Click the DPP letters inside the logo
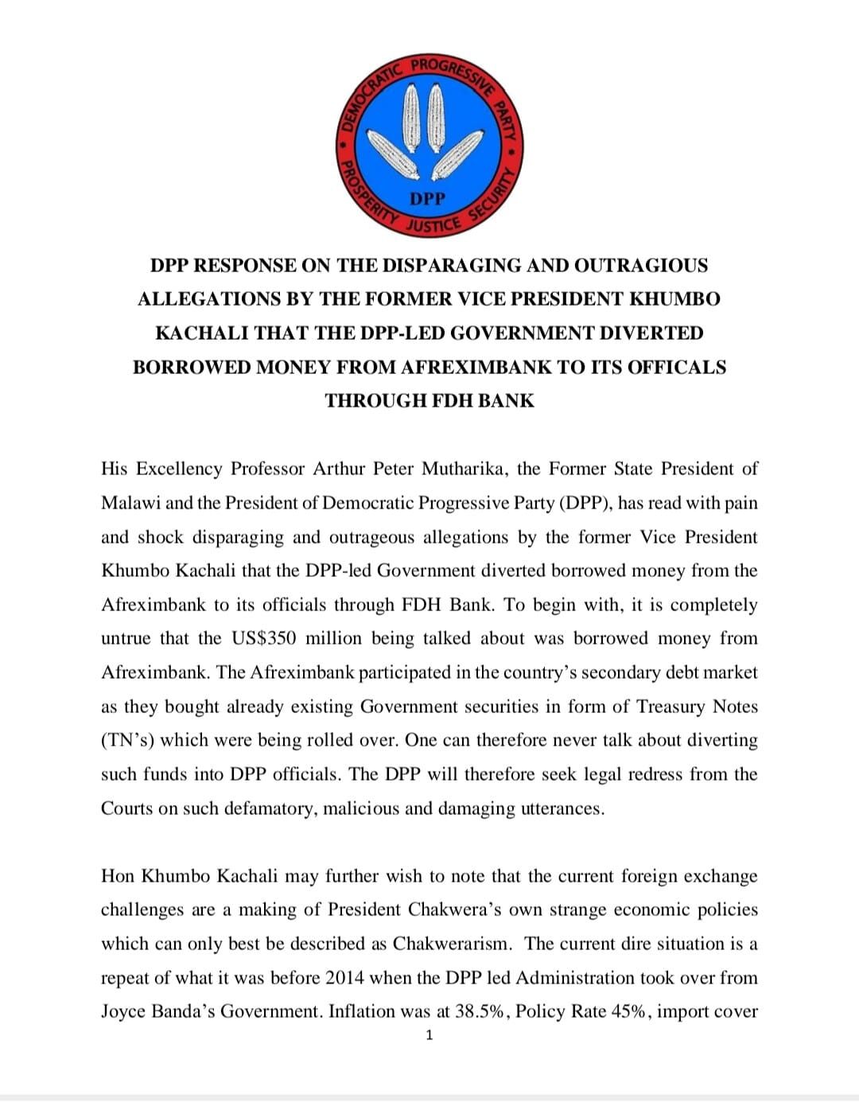click(428, 198)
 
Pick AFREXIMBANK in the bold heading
click(476, 368)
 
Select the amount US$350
click(263, 638)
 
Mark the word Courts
click(127, 808)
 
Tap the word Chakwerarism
click(452, 944)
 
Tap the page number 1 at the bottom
click(429, 1035)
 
